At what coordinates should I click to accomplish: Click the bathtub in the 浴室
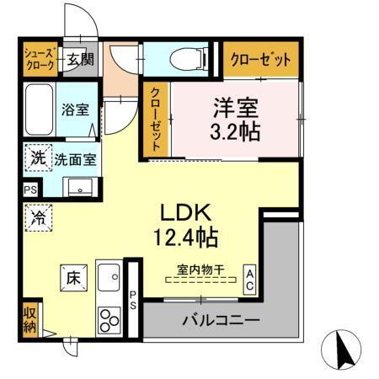(x=39, y=109)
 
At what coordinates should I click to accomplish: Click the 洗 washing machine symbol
(x=38, y=157)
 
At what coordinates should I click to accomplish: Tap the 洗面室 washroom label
(x=75, y=158)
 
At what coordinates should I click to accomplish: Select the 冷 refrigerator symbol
(x=39, y=216)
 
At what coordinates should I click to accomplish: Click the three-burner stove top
(x=110, y=321)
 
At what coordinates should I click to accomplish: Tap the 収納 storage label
(x=29, y=318)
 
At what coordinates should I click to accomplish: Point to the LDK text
(x=187, y=212)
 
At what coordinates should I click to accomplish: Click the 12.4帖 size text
(x=187, y=238)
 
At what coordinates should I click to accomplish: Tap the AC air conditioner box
(x=250, y=280)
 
